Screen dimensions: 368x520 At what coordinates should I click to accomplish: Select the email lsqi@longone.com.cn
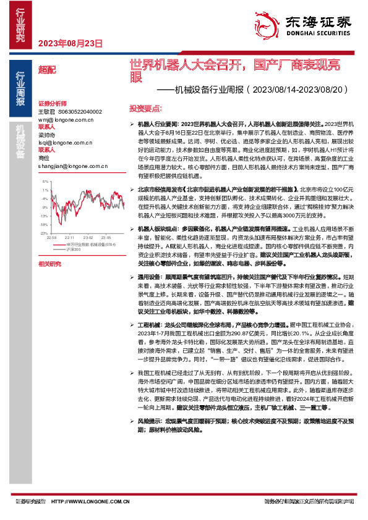tap(64, 142)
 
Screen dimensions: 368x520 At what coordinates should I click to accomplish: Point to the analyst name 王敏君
tap(47, 111)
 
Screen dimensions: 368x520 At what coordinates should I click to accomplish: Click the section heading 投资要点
tap(143, 108)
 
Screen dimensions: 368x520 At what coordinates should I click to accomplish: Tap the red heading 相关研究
tap(49, 264)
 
